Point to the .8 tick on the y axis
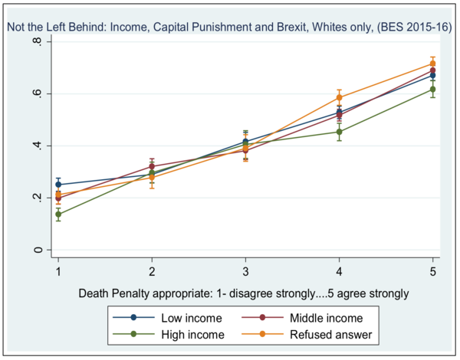click(37, 41)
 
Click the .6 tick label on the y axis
click(37, 93)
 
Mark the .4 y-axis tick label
click(37, 146)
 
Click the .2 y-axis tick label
click(37, 198)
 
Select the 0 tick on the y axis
click(37, 250)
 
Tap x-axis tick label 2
click(152, 271)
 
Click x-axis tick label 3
click(245, 271)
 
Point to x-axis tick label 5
click(432, 271)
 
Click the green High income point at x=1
click(58, 214)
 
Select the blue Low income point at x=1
click(58, 185)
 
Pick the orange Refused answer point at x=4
click(339, 97)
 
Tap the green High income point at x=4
click(339, 132)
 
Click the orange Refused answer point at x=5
click(432, 64)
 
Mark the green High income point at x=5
click(432, 90)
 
